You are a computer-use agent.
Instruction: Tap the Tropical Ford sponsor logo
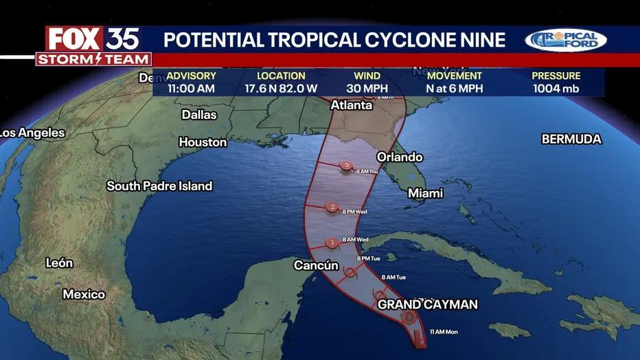point(566,41)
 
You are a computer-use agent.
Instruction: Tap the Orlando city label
point(399,157)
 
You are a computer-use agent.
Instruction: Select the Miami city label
point(426,193)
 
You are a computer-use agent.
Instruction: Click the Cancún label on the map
point(317,265)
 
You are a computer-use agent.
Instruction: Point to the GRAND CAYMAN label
point(427,304)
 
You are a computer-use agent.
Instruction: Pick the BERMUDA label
point(571,139)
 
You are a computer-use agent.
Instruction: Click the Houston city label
point(203,142)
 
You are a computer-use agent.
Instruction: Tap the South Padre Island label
point(159,186)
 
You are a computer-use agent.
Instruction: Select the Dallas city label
point(199,115)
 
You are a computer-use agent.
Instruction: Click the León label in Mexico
point(59,262)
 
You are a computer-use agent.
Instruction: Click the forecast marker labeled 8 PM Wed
point(332,207)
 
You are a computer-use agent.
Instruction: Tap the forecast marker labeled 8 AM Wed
point(332,242)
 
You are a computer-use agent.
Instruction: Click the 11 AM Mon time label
point(443,333)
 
